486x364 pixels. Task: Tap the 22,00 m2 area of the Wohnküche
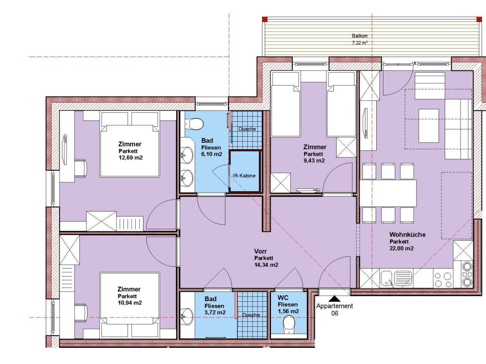click(x=401, y=248)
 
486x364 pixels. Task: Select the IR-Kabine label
click(x=245, y=176)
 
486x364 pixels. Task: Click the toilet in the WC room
click(x=289, y=324)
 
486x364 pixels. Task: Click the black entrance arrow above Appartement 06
click(x=334, y=298)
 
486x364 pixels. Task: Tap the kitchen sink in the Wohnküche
click(x=396, y=278)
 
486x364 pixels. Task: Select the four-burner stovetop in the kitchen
click(x=443, y=279)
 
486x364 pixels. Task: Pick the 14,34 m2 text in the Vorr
click(x=266, y=265)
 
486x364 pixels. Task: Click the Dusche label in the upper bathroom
click(x=247, y=129)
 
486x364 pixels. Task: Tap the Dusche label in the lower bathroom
click(x=251, y=314)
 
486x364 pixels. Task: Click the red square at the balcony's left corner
click(x=265, y=19)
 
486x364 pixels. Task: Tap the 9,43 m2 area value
click(x=314, y=160)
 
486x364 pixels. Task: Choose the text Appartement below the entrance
click(x=335, y=306)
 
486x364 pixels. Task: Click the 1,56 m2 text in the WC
click(x=288, y=311)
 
